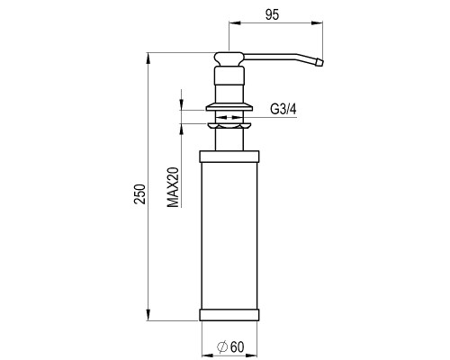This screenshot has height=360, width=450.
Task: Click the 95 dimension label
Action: tap(272, 14)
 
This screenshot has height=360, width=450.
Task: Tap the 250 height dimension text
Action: tap(139, 194)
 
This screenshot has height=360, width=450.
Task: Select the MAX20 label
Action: tap(173, 187)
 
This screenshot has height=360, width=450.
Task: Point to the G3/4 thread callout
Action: tap(283, 109)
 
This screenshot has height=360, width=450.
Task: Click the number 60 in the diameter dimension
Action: tap(237, 347)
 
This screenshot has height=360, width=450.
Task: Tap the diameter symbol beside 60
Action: tap(222, 346)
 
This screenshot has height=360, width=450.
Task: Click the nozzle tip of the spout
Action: tap(319, 63)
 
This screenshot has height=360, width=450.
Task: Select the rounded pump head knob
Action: tap(229, 58)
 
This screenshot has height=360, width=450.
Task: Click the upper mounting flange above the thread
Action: tap(229, 107)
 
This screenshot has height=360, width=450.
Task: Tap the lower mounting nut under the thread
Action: tap(229, 125)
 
